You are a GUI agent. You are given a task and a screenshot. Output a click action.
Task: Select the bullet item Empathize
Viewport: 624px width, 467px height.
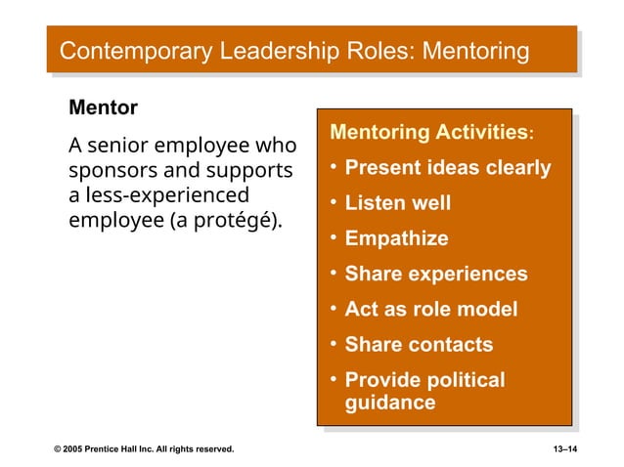[396, 238]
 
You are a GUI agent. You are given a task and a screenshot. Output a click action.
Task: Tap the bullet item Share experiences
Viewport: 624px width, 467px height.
[436, 275]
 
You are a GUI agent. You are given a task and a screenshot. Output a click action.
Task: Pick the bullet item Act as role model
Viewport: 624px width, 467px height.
[430, 310]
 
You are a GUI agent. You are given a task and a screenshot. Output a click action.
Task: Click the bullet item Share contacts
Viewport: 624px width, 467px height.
[419, 345]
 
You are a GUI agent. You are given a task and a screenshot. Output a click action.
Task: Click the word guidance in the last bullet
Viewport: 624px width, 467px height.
[390, 403]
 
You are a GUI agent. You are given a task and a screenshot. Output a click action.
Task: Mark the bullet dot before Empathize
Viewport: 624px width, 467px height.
[334, 237]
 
